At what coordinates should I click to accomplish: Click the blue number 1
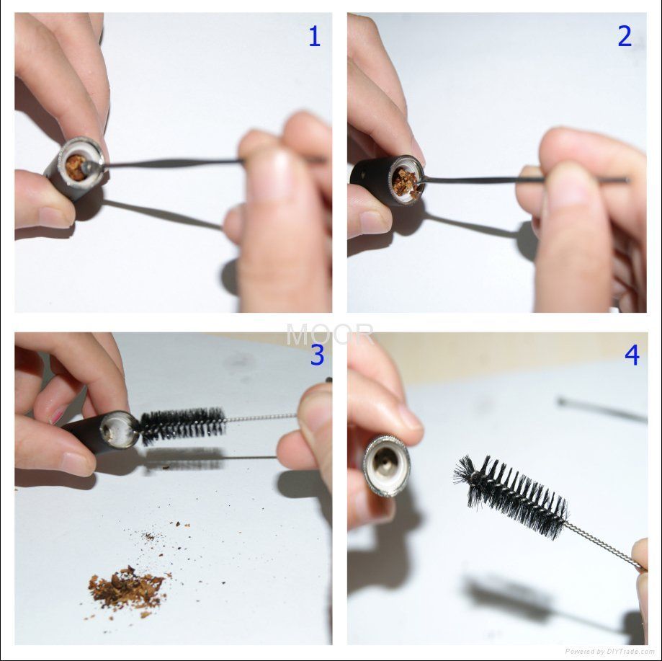[x=315, y=36]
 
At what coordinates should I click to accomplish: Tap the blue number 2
[x=625, y=36]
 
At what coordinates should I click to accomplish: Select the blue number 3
[x=317, y=355]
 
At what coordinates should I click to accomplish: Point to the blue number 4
[x=632, y=355]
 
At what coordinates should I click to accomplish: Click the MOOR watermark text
[x=330, y=334]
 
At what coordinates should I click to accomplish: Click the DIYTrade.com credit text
[x=609, y=652]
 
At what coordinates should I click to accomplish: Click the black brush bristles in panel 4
[x=511, y=496]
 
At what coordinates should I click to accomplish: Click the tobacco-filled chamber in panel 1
[x=77, y=168]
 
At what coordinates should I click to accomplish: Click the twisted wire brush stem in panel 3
[x=261, y=418]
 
